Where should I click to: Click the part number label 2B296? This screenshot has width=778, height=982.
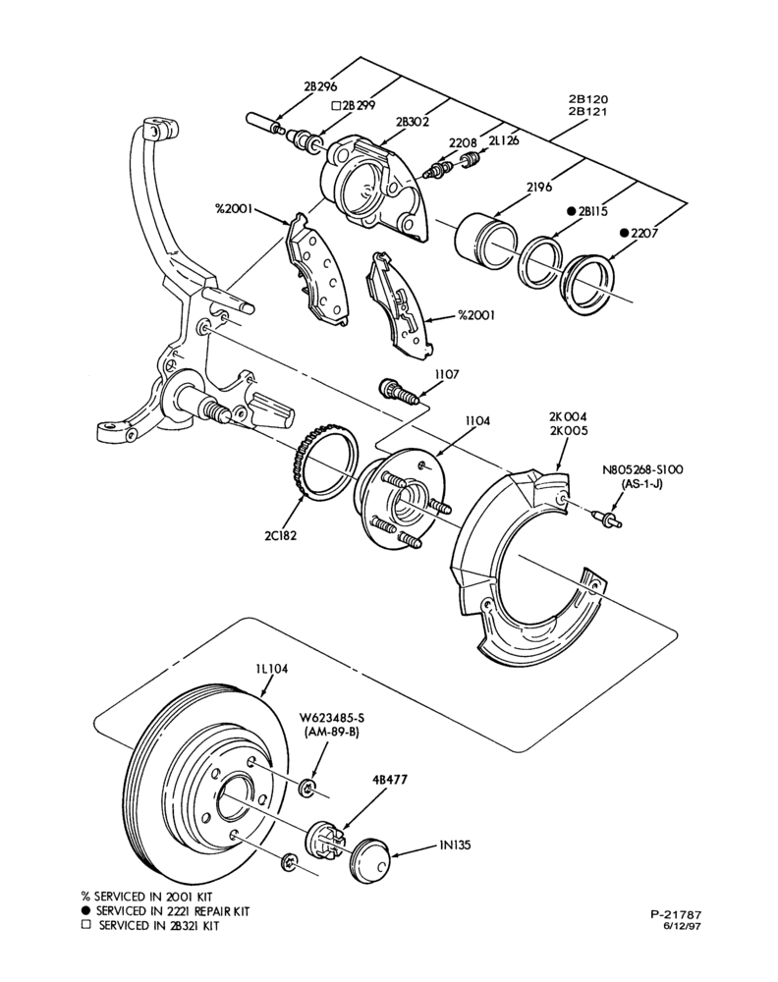click(x=320, y=86)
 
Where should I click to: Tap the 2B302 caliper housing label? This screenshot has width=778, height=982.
click(x=413, y=122)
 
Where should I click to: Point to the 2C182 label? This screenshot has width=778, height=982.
click(x=280, y=535)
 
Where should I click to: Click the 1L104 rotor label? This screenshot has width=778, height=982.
click(x=271, y=669)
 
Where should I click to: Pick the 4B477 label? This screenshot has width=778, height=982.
click(x=390, y=780)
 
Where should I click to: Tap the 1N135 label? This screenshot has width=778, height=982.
click(x=455, y=845)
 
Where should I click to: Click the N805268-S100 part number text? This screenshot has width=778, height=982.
click(x=642, y=469)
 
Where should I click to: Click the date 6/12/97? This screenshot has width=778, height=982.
click(x=682, y=926)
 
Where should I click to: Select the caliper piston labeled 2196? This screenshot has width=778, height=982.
click(x=485, y=240)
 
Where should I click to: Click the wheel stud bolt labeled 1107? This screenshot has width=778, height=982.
click(x=399, y=391)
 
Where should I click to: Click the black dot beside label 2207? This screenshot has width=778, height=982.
click(x=624, y=233)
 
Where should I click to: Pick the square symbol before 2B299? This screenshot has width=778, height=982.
click(x=336, y=106)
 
